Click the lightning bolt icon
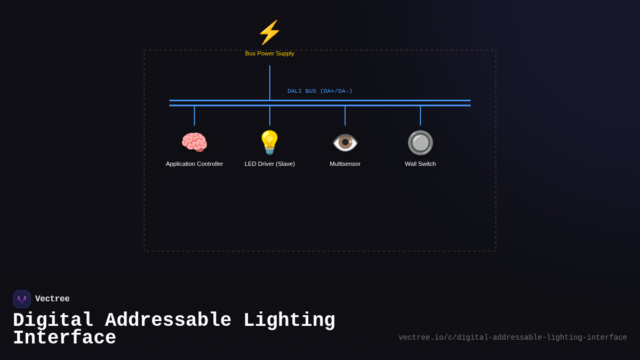(x=269, y=33)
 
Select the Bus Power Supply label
(x=269, y=53)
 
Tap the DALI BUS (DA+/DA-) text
(x=319, y=91)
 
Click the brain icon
(x=194, y=143)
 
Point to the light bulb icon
(x=269, y=142)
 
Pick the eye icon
(x=345, y=142)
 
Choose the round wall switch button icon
(x=420, y=142)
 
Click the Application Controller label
(x=194, y=164)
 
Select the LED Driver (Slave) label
(x=269, y=164)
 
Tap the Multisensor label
(x=345, y=164)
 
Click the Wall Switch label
(x=420, y=164)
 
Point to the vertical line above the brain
(x=194, y=116)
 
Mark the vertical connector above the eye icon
(x=345, y=116)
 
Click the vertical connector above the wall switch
(x=420, y=116)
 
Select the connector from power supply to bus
(x=270, y=82)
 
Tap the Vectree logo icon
(x=22, y=299)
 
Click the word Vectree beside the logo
(x=52, y=299)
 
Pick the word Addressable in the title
(x=168, y=321)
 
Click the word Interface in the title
(x=65, y=338)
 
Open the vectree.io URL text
(x=513, y=338)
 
